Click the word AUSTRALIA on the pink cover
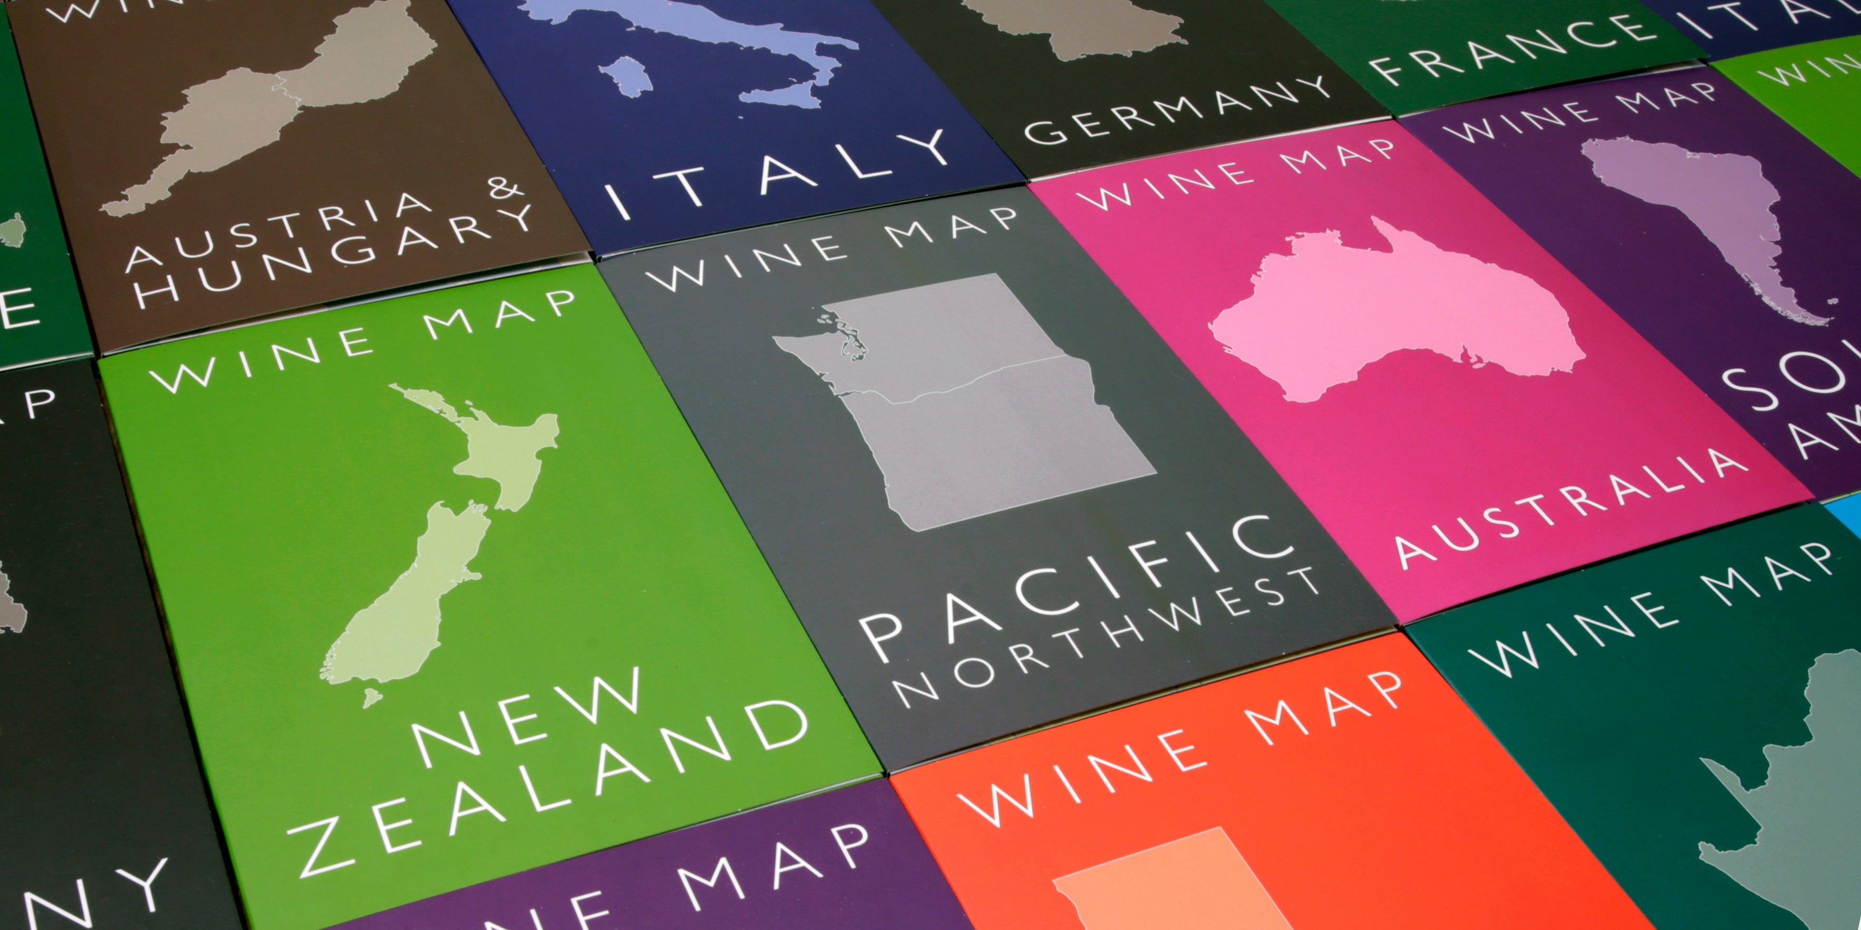(x=1568, y=505)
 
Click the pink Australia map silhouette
(x=1394, y=310)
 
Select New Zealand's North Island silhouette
(x=499, y=448)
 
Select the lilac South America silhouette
(x=1705, y=209)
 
